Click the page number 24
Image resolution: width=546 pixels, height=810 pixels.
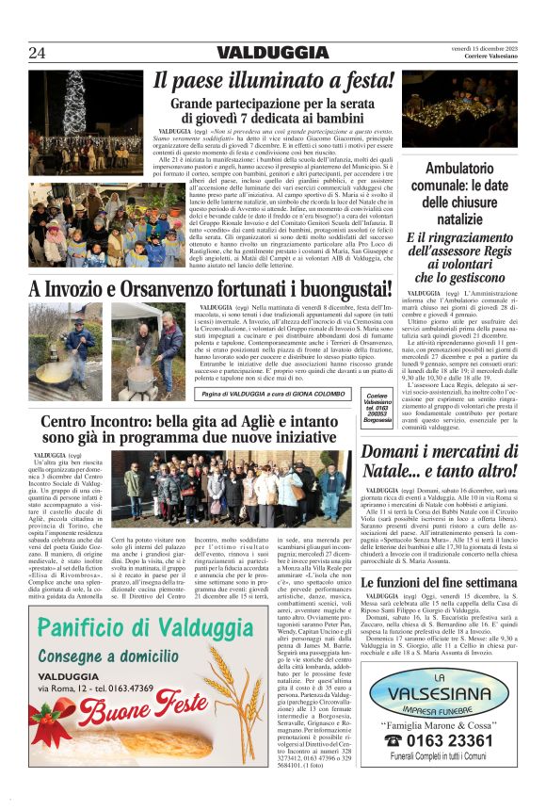38,53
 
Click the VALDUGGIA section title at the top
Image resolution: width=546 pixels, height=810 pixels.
272,53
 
